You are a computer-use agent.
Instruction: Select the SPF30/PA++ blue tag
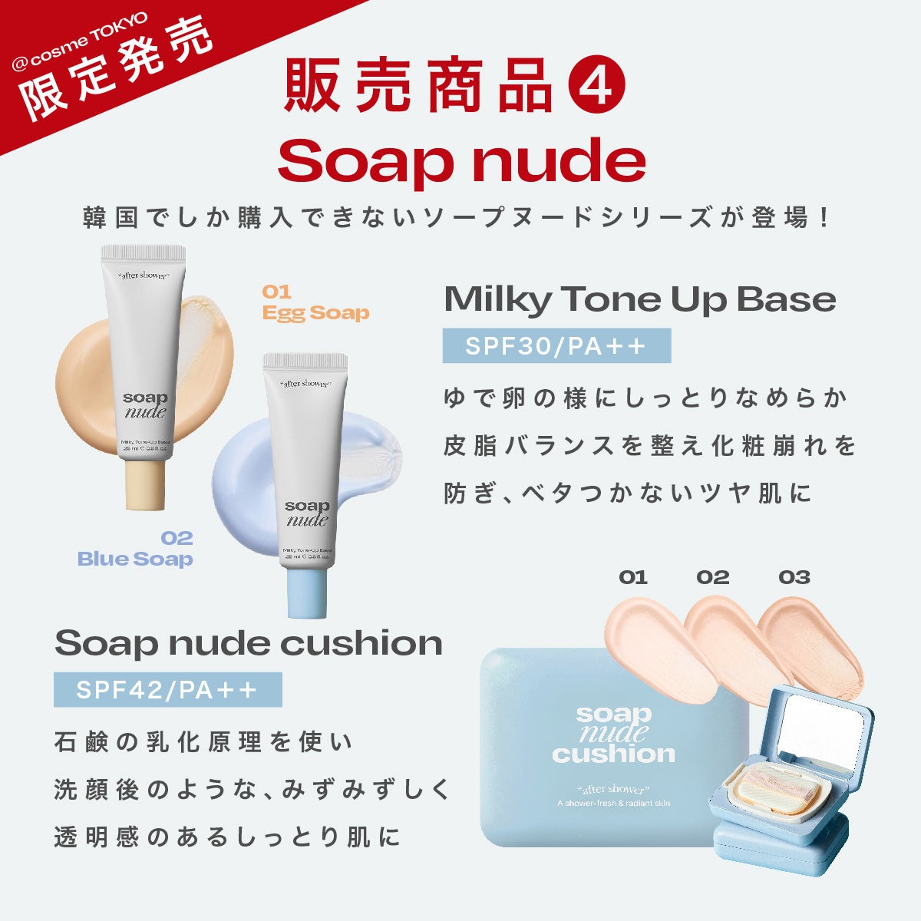(556, 346)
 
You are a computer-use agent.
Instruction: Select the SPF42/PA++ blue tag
(167, 690)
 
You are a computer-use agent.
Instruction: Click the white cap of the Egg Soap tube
(144, 253)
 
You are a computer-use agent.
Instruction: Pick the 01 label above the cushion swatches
(633, 577)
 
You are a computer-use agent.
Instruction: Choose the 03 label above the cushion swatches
(794, 577)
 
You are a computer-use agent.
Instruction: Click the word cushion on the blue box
(613, 754)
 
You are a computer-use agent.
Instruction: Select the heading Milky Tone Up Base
(639, 299)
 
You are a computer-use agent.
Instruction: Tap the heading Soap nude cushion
(248, 643)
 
